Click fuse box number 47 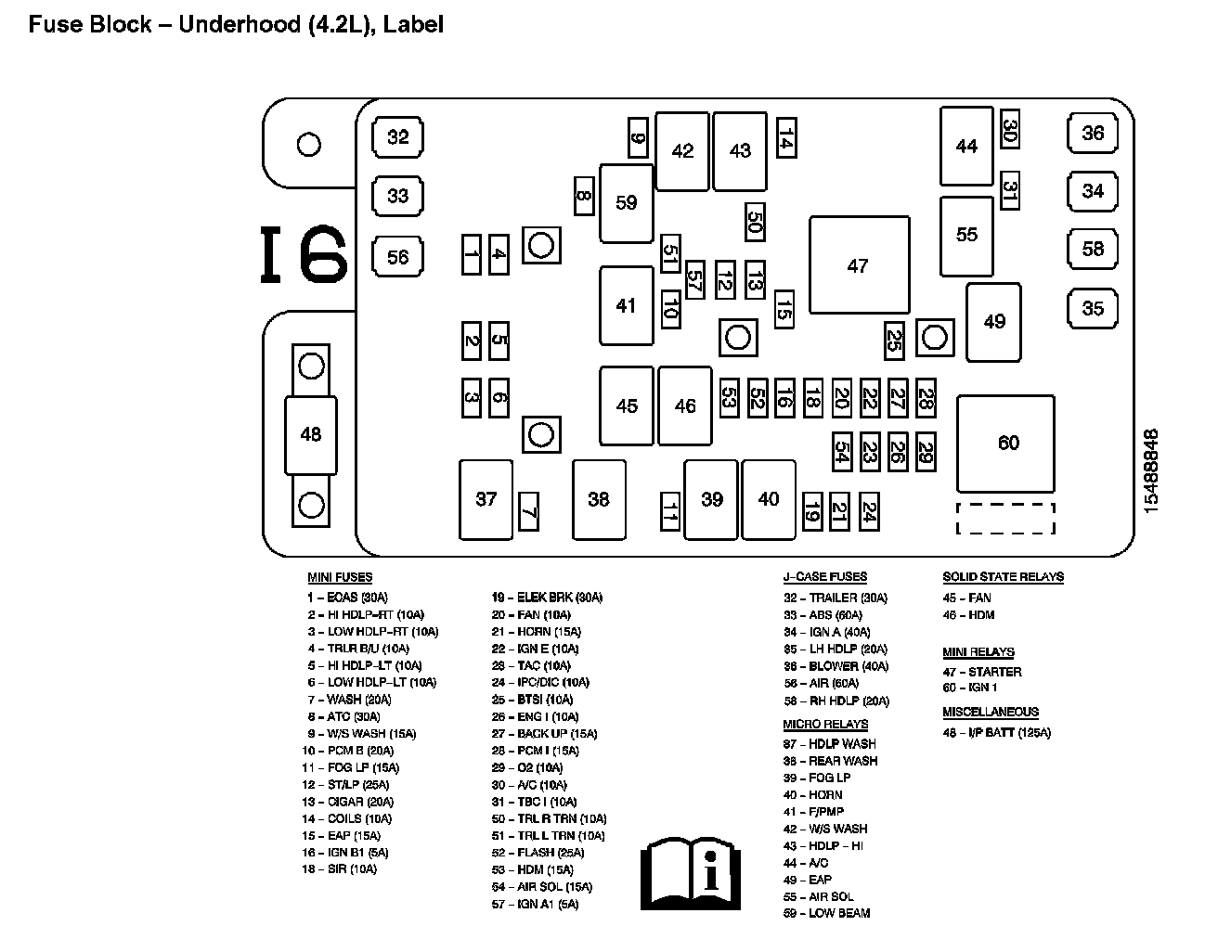pos(859,265)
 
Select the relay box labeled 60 pos(1006,444)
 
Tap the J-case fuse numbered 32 pos(397,137)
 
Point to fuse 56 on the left pos(397,257)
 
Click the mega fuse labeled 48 pos(311,433)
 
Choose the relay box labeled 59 pos(627,202)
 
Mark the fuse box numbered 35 pos(1093,308)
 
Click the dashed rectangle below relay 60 pos(1006,519)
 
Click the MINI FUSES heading pos(340,577)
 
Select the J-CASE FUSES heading pos(825,577)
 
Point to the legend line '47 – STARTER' pos(982,672)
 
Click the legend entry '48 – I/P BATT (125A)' pos(997,733)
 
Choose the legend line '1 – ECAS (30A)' pos(347,598)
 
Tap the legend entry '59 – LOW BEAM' pos(826,913)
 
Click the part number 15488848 pos(1152,470)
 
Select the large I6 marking pos(304,254)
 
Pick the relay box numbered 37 pos(486,499)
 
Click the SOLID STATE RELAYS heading pos(1003,577)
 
